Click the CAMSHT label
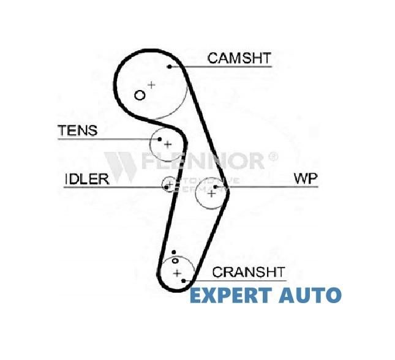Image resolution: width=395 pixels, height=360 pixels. click(x=239, y=58)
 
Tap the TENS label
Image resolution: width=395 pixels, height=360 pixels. click(x=77, y=131)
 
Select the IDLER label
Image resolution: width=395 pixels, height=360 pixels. click(x=86, y=179)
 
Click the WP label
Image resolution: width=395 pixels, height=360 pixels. click(x=306, y=179)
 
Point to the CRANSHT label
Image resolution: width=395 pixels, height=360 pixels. click(x=248, y=271)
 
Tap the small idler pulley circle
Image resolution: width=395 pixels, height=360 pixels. click(x=168, y=184)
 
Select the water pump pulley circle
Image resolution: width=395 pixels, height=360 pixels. click(x=211, y=193)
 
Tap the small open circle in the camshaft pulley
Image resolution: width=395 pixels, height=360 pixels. click(x=140, y=95)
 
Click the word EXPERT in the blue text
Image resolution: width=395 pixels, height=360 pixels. click(x=230, y=296)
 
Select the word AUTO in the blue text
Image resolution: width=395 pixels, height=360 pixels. click(x=310, y=296)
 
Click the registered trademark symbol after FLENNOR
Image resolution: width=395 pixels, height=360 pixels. click(x=273, y=157)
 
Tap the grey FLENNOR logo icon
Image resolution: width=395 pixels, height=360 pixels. click(x=119, y=164)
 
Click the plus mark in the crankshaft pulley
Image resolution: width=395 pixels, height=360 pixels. click(x=177, y=272)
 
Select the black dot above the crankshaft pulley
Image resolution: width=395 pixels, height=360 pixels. click(x=174, y=252)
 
